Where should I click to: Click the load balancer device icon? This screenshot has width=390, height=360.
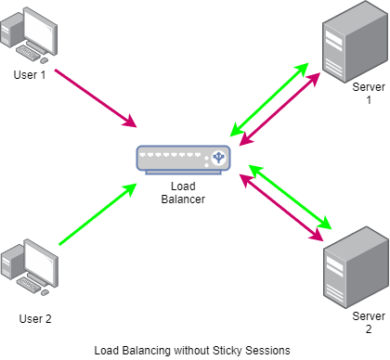pos(184,159)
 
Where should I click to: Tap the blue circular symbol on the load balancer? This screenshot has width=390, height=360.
pos(220,158)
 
